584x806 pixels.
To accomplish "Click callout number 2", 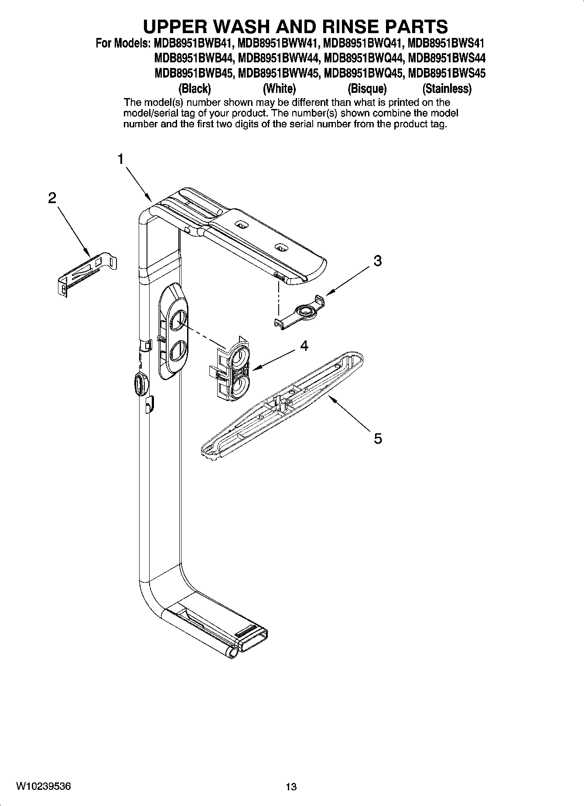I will (x=52, y=198).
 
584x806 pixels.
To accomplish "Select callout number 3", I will (x=378, y=261).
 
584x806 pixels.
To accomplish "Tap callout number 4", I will (x=304, y=346).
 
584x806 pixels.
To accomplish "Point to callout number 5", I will (x=378, y=438).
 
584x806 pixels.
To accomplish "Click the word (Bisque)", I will (x=367, y=89).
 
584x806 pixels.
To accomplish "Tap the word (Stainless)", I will (x=447, y=89).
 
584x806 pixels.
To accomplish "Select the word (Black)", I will (x=195, y=89).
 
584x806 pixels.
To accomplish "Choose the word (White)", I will (x=279, y=89).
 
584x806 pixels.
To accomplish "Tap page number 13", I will (x=291, y=787).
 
